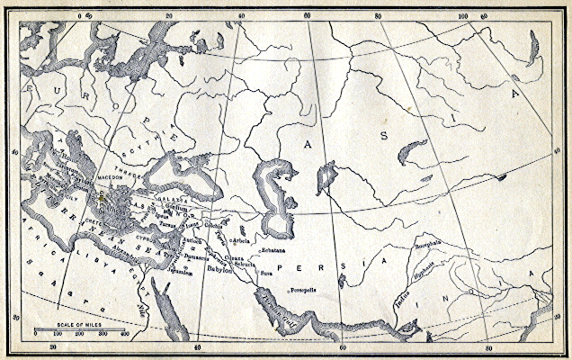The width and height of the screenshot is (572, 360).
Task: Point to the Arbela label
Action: click(x=241, y=241)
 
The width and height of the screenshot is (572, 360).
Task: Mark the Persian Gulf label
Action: click(x=269, y=307)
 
